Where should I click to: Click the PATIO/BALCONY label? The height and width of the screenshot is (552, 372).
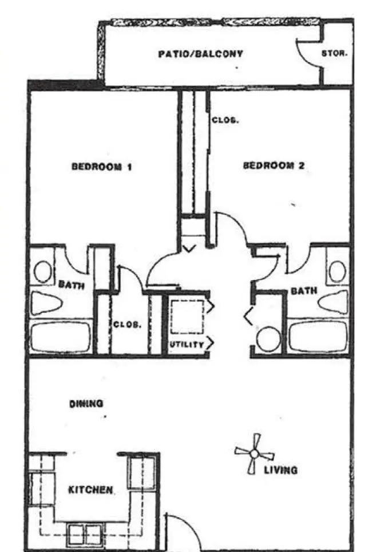[200, 54]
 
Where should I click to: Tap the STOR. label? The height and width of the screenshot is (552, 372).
[334, 53]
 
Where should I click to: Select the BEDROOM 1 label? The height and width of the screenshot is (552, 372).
[102, 166]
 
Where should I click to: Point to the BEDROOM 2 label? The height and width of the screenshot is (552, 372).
[274, 165]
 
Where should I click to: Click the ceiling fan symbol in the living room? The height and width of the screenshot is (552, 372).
[254, 454]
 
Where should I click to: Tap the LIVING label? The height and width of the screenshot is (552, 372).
[280, 470]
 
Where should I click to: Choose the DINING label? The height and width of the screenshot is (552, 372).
[86, 404]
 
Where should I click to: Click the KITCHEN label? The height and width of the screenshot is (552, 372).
[90, 490]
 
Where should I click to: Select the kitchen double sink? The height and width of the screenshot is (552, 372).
[85, 534]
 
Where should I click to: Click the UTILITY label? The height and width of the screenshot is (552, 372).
[187, 345]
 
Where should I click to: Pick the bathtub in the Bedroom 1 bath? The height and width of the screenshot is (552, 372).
[61, 337]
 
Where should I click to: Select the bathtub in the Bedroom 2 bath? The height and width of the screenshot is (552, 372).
[318, 336]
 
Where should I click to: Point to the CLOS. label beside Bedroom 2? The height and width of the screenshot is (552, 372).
[225, 120]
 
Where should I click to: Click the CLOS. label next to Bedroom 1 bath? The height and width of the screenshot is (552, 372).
[127, 324]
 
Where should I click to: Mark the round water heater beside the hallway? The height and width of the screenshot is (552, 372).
[268, 340]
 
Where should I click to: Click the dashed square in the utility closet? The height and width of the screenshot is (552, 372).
[187, 317]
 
